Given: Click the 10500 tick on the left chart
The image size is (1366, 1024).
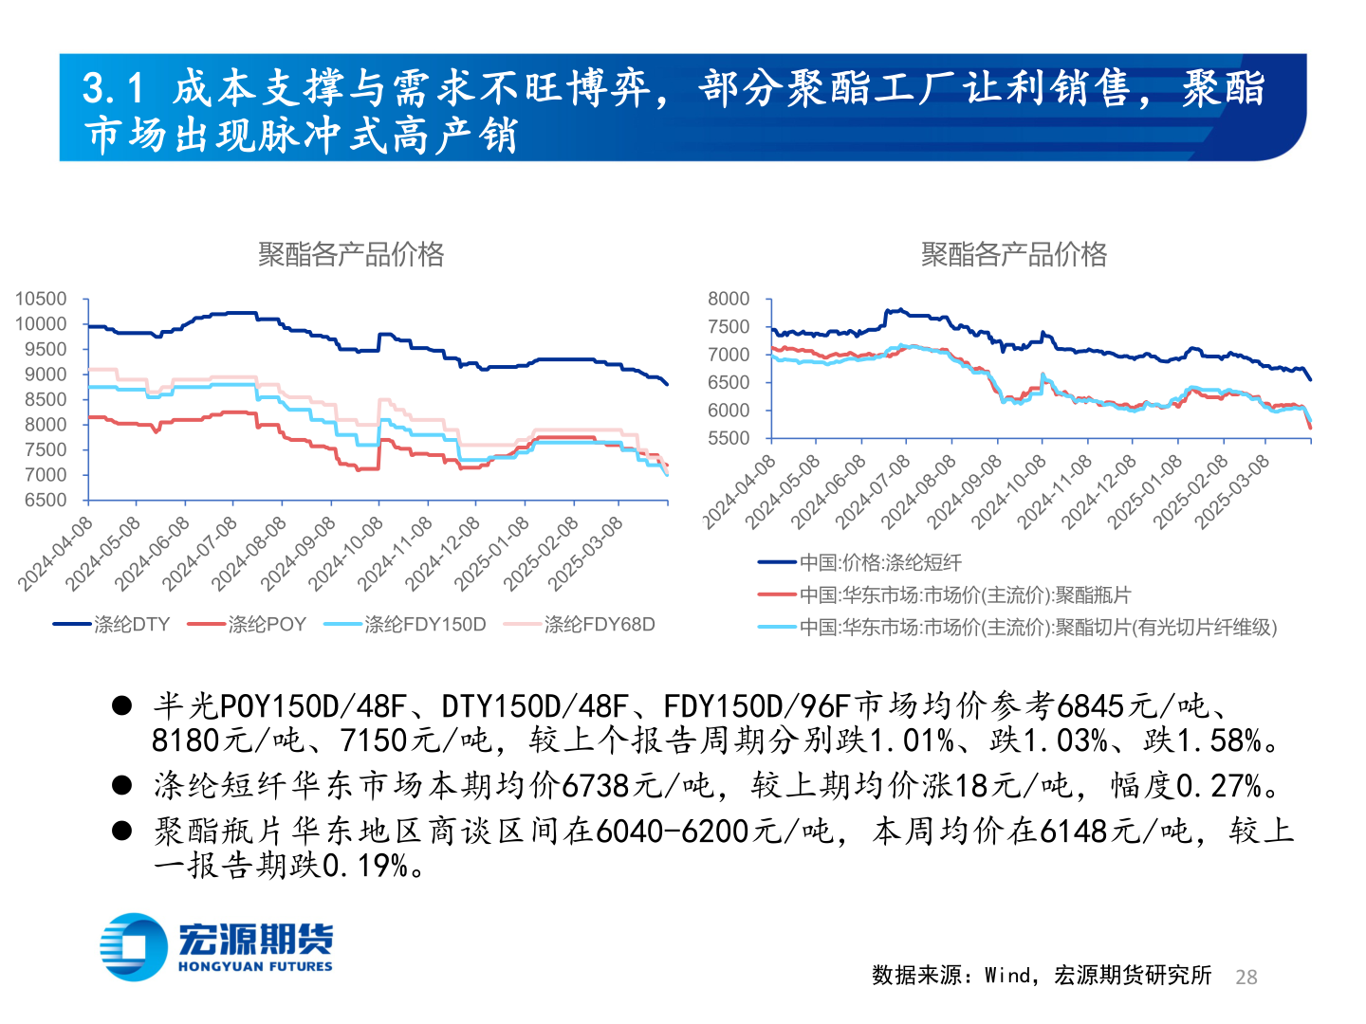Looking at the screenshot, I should point(41,299).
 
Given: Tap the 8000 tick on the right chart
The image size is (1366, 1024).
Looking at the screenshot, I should point(729,299).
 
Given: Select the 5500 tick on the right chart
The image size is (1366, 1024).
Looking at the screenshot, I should point(729,438).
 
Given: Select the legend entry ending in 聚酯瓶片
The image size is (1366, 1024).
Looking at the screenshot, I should point(965,594).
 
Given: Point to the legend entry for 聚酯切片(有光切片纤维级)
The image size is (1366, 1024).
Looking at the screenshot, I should point(1038,627).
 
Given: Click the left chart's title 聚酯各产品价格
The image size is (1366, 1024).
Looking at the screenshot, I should point(351,254).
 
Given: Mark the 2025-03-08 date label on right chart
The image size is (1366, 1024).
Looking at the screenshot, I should point(1232,490).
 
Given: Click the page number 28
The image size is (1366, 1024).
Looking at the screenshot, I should point(1246,977).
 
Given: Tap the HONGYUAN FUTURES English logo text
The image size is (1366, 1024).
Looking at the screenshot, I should point(255,966).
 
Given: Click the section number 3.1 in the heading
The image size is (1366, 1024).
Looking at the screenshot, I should point(113,89).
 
